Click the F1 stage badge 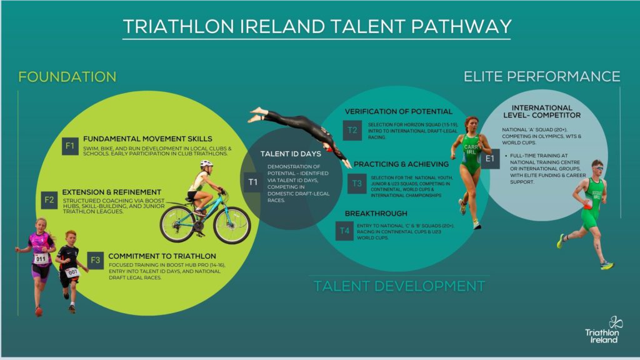tap(70, 146)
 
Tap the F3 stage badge tap(95, 260)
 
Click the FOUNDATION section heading tap(67, 77)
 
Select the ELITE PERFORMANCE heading tap(541, 76)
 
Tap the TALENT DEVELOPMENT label tap(399, 286)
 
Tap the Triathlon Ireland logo tap(602, 329)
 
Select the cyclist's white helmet tap(206, 164)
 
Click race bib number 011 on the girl tap(41, 258)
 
